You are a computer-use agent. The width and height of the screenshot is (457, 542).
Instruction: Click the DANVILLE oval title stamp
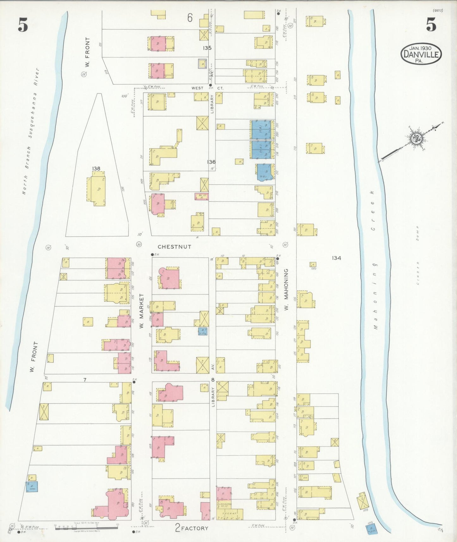click(421, 54)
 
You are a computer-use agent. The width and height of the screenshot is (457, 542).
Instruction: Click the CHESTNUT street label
click(174, 247)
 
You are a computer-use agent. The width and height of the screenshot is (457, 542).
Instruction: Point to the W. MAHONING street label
click(286, 289)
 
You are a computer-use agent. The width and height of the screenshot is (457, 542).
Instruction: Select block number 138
click(96, 169)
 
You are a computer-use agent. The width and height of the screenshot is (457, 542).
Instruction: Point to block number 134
click(336, 258)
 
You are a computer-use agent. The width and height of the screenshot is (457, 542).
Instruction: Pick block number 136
click(211, 162)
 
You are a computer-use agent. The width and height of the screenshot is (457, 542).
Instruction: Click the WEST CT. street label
click(206, 88)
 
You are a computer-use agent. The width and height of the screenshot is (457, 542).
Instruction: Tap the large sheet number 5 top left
click(23, 25)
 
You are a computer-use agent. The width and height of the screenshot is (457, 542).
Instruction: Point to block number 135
click(207, 48)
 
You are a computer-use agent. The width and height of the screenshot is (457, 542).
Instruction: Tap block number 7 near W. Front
click(85, 380)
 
